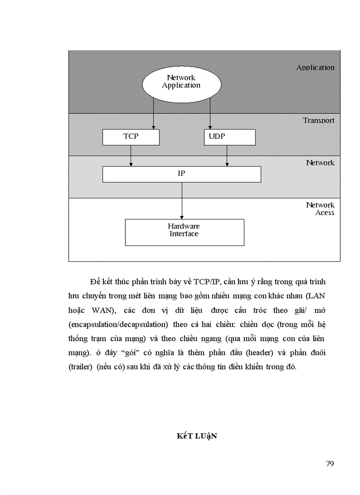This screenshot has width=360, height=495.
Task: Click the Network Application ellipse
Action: [181, 82]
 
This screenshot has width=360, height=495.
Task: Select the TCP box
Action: [131, 137]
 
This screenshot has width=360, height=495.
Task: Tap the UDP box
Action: [229, 137]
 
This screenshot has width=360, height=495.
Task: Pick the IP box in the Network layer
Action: [181, 174]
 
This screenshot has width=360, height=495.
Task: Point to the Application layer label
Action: [315, 68]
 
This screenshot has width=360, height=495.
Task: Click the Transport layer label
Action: [319, 120]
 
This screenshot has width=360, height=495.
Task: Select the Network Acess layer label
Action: [320, 209]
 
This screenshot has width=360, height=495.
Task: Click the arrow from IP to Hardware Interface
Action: [182, 201]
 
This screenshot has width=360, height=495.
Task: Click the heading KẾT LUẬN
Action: [197, 436]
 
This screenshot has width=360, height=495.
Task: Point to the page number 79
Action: [330, 464]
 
